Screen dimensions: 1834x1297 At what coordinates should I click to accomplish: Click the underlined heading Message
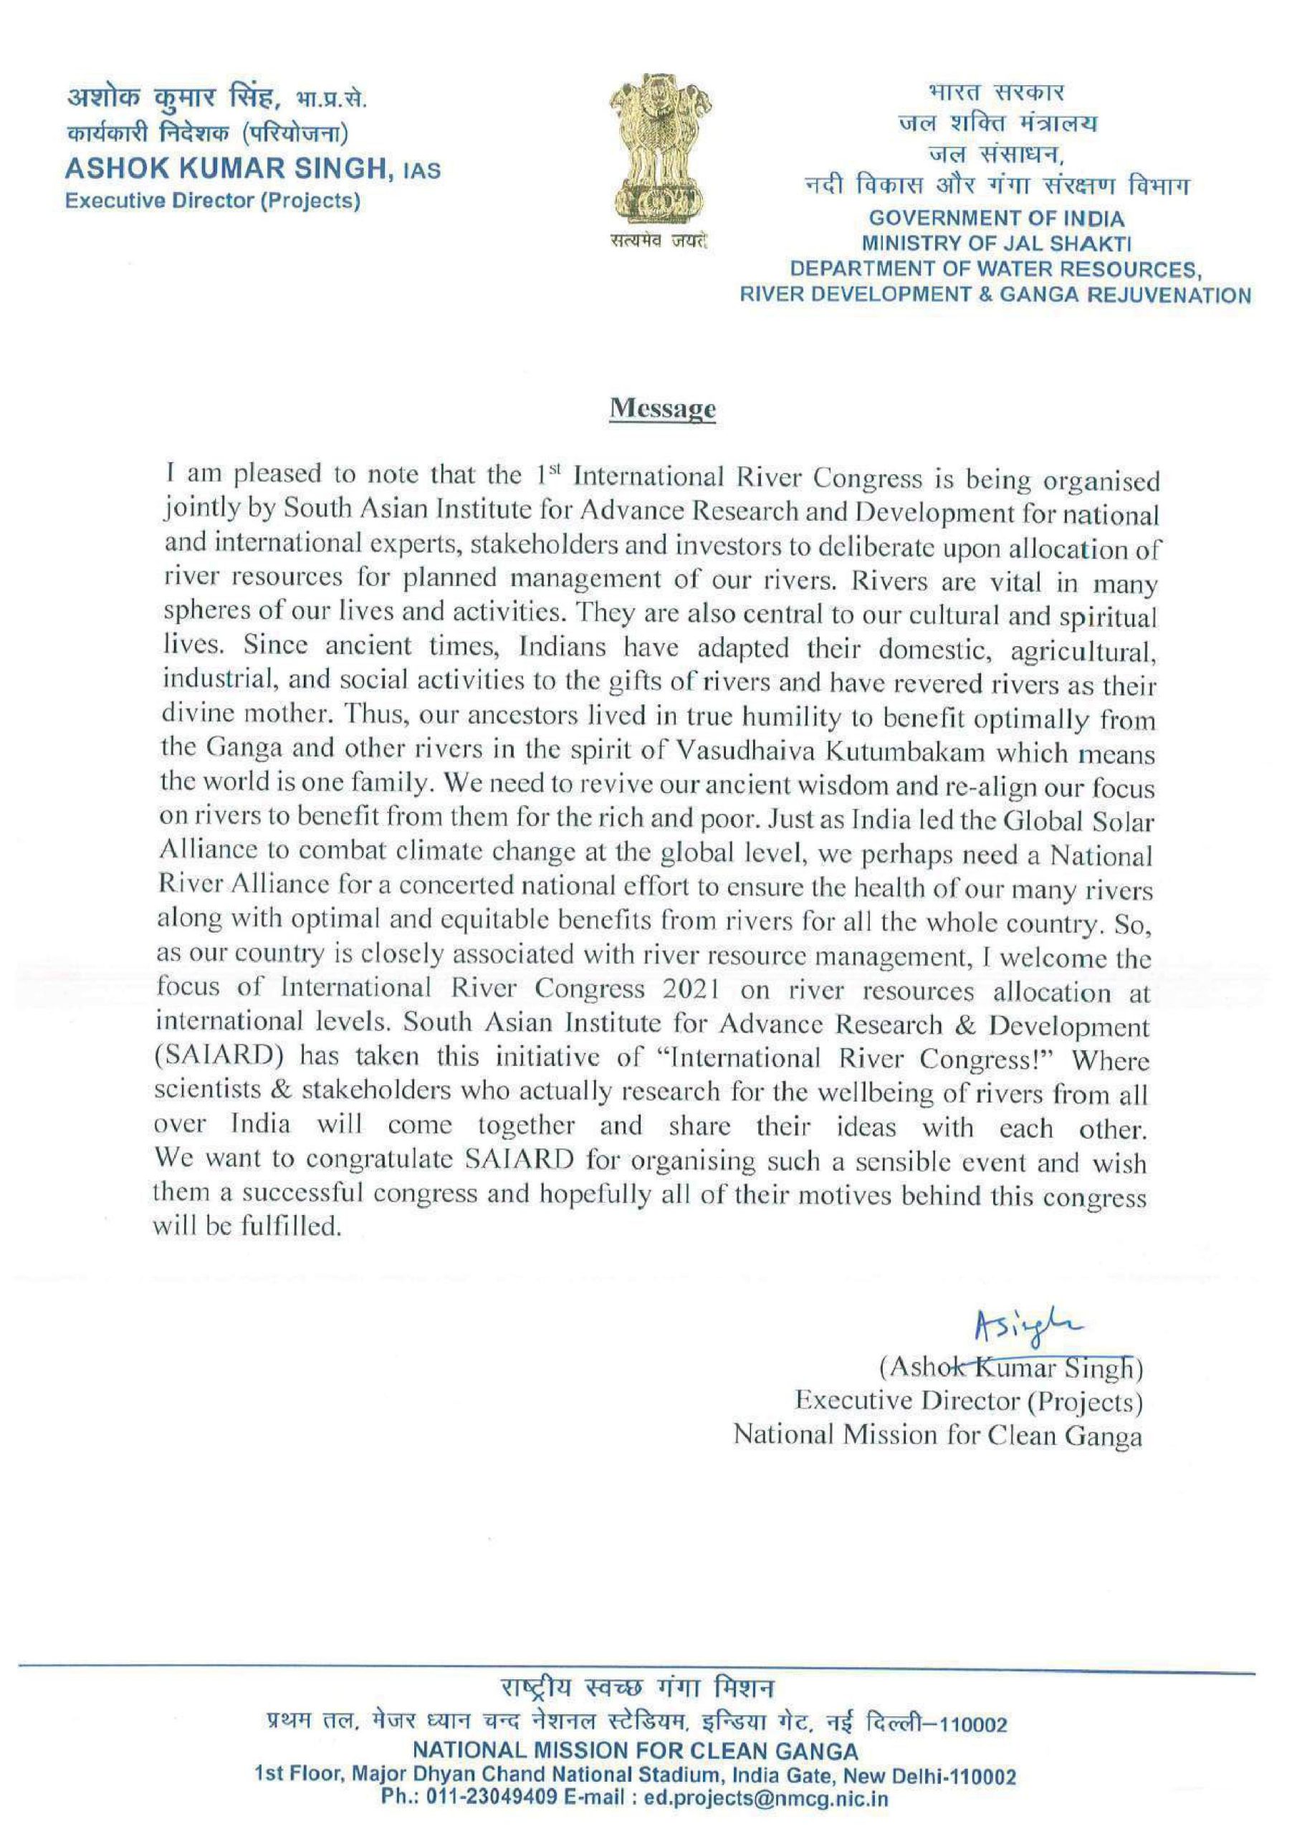coord(663,409)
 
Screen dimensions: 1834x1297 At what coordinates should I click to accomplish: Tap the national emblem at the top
coord(659,151)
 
